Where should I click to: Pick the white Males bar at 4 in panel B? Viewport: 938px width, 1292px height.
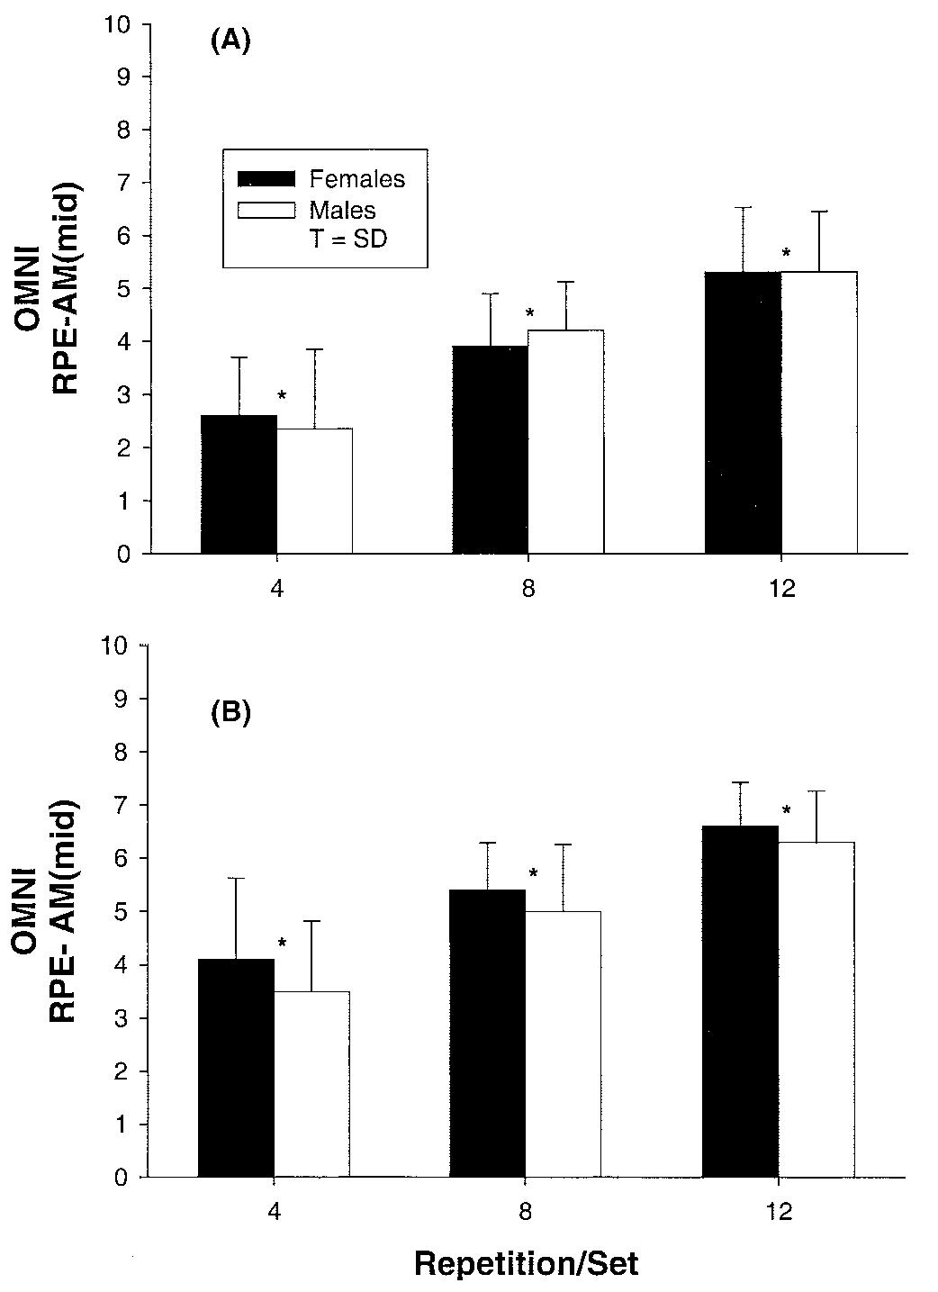(x=311, y=1084)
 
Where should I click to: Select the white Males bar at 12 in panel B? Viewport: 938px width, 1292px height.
(x=816, y=1009)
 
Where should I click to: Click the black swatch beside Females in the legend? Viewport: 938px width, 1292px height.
(x=266, y=178)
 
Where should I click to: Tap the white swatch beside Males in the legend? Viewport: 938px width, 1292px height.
(x=266, y=210)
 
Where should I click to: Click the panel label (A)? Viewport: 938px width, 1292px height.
(x=230, y=41)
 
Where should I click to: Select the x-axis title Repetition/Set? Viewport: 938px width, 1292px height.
(x=527, y=1263)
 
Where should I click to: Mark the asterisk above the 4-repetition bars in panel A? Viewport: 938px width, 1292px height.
(x=282, y=396)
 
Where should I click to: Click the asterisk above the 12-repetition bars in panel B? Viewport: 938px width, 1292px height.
(x=786, y=811)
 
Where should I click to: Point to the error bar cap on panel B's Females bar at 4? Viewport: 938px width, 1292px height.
(x=236, y=878)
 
